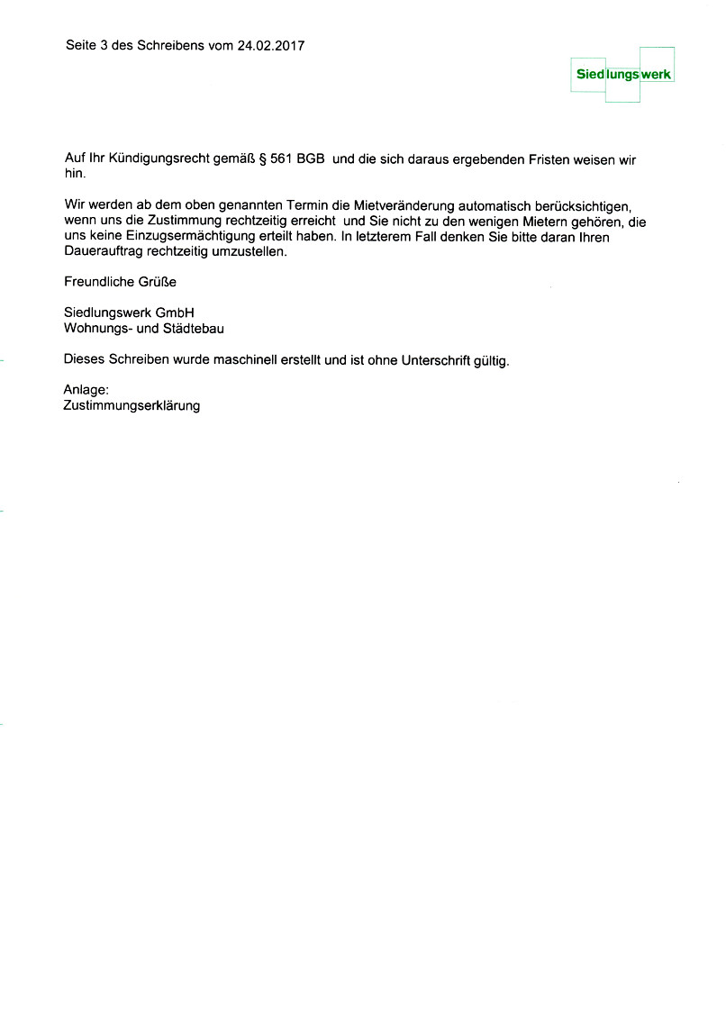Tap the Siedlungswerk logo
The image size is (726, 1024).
click(623, 75)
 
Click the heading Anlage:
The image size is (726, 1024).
click(86, 390)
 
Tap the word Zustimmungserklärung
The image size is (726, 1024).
click(132, 406)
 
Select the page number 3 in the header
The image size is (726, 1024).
click(104, 45)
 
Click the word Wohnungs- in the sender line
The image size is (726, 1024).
click(97, 329)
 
